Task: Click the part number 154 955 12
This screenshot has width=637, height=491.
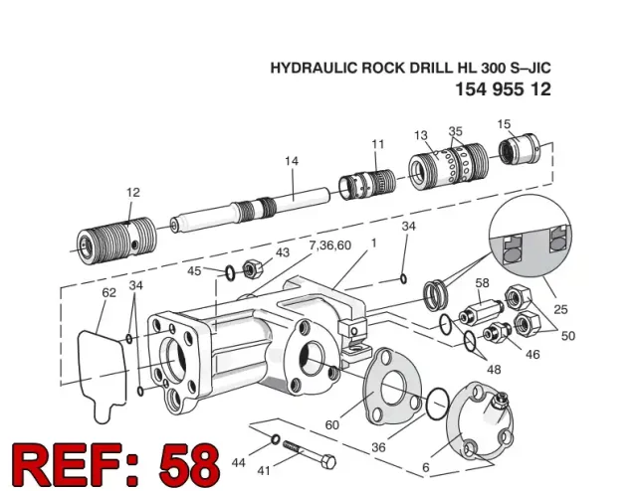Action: tap(503, 89)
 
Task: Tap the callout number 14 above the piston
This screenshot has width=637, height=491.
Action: tap(292, 161)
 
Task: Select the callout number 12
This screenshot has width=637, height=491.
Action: tap(132, 192)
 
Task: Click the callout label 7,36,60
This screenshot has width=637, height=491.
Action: tap(329, 245)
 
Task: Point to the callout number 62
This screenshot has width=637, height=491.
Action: tap(108, 292)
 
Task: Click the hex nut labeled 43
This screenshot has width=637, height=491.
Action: tap(252, 268)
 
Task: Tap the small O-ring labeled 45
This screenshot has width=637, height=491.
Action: tap(230, 272)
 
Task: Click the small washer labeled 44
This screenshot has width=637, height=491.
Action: tap(276, 439)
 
